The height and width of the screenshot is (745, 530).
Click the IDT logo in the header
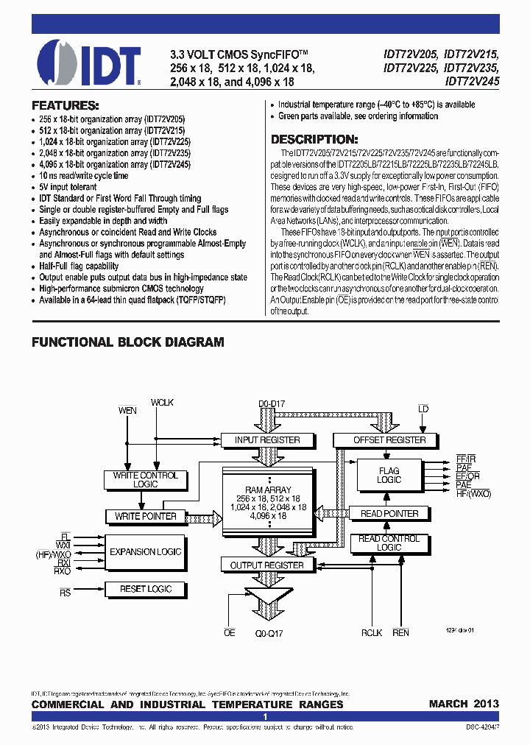pyautogui.click(x=88, y=61)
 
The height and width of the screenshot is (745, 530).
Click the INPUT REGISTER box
pyautogui.click(x=267, y=440)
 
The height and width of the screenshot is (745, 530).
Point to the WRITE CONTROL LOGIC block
pyautogui.click(x=146, y=480)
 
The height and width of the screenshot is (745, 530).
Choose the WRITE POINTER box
pyautogui.click(x=146, y=516)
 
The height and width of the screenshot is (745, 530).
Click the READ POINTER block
pyautogui.click(x=389, y=514)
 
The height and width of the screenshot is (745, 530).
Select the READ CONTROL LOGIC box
pyautogui.click(x=389, y=543)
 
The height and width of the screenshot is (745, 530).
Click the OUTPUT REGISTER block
pyautogui.click(x=267, y=565)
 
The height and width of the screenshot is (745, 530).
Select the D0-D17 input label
pyautogui.click(x=270, y=403)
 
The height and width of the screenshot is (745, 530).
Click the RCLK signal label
pyautogui.click(x=372, y=632)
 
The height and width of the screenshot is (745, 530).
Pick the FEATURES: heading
pyautogui.click(x=66, y=105)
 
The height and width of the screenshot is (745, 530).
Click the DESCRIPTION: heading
pyautogui.click(x=315, y=139)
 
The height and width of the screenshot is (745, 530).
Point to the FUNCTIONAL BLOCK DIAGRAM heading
pyautogui.click(x=127, y=342)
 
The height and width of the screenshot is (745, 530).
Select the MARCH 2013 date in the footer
pyautogui.click(x=464, y=704)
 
